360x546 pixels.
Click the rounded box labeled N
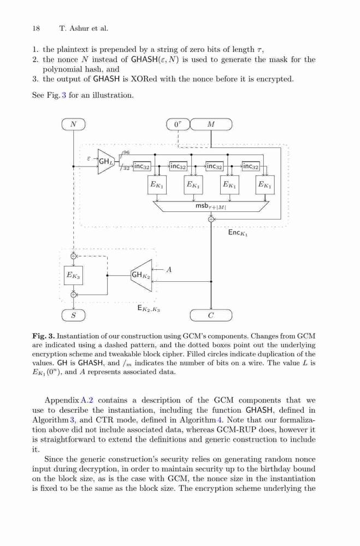point(74,124)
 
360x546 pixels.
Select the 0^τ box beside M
point(178,124)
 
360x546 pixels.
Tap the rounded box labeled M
point(211,124)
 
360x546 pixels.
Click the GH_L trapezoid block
point(106,161)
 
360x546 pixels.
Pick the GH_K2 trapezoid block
point(141,275)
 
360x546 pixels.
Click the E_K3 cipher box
point(73,275)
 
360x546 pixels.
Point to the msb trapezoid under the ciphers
point(211,206)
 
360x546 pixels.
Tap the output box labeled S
point(74,316)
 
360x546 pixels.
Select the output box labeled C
point(211,316)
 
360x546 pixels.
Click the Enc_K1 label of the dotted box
point(238,233)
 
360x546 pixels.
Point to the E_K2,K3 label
point(149,308)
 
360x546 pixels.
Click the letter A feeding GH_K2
point(169,270)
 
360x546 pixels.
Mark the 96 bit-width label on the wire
point(126,152)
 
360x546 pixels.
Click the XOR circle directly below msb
point(211,219)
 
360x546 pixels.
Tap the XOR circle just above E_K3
point(73,256)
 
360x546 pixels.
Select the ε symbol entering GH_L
point(89,158)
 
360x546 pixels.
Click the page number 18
point(36,28)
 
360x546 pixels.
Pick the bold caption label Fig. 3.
point(44,336)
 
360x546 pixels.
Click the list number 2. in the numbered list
point(35,60)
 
